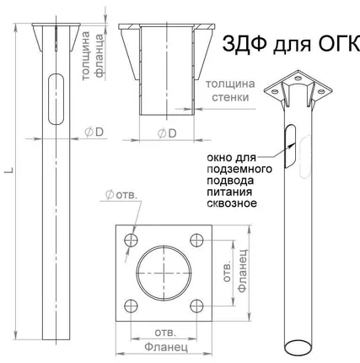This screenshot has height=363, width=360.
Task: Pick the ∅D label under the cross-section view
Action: tap(167, 133)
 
